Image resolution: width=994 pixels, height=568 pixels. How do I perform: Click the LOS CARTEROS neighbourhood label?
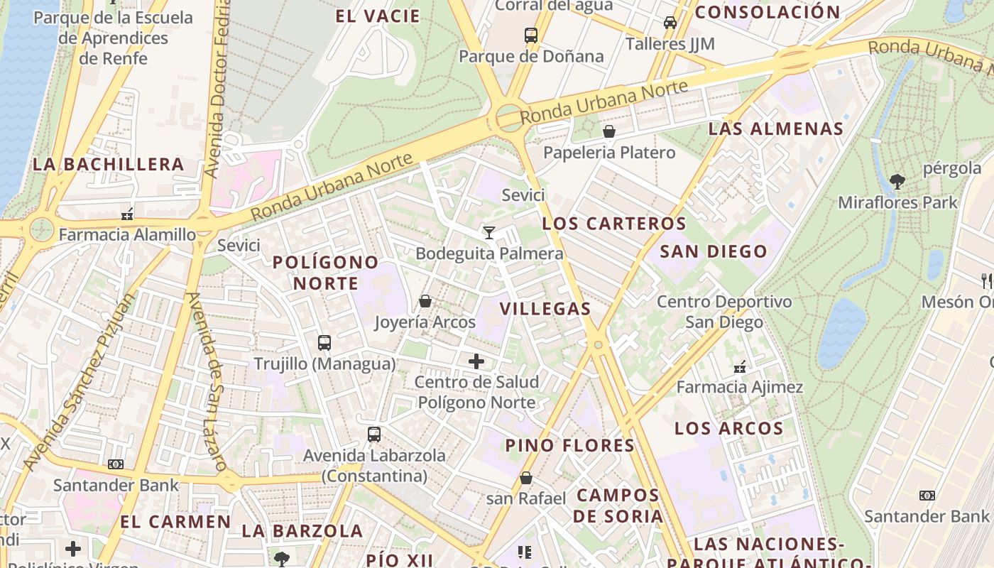click(x=614, y=224)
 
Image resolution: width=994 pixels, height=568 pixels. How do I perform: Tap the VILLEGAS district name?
click(x=545, y=308)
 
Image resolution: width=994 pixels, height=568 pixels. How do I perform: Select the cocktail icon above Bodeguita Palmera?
click(x=488, y=232)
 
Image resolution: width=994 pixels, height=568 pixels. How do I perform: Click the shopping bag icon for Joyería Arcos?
click(x=425, y=301)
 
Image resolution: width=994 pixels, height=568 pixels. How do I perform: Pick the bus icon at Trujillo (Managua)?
click(x=324, y=342)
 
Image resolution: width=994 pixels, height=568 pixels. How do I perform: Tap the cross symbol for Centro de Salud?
click(x=476, y=361)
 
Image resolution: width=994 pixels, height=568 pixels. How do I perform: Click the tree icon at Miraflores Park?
click(x=897, y=182)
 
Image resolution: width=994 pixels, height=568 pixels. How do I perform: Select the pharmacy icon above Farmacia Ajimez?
click(x=740, y=366)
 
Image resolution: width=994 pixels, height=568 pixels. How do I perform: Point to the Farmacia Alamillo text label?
click(x=127, y=234)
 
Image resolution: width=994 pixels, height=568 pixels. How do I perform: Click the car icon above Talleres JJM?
click(x=670, y=23)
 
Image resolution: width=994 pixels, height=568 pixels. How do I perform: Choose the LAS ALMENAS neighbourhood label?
click(x=776, y=129)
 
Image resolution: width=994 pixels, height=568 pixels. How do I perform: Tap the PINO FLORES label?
click(x=570, y=446)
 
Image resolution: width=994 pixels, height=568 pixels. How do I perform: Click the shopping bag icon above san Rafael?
click(x=526, y=478)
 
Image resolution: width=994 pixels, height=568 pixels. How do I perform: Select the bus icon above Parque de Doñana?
click(x=531, y=35)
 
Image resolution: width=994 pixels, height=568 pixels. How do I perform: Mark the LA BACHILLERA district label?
click(x=109, y=165)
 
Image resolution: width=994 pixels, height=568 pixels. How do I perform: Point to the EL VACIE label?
click(x=378, y=16)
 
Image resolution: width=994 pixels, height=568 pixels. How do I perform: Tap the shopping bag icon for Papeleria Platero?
click(x=609, y=131)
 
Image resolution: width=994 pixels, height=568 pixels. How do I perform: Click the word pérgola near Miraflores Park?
click(x=952, y=168)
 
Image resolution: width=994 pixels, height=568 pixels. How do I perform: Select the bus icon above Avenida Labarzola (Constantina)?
click(x=374, y=434)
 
